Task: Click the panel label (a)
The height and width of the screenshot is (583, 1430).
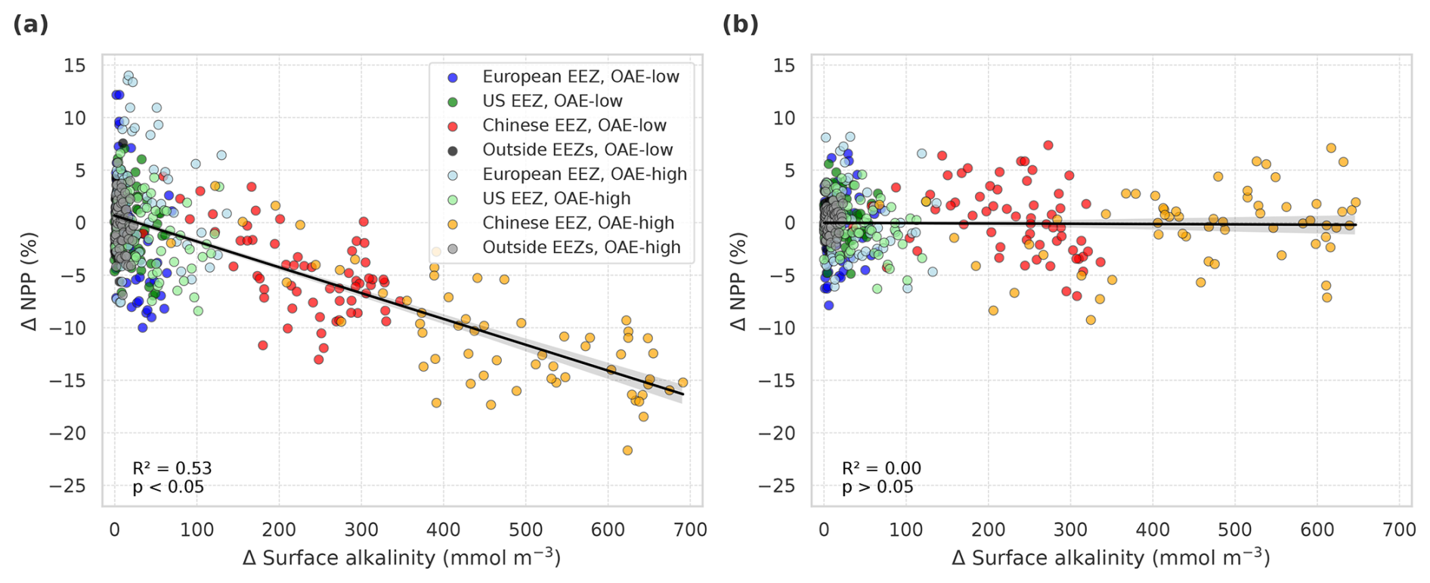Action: [30, 24]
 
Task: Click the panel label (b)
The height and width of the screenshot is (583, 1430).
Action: [740, 24]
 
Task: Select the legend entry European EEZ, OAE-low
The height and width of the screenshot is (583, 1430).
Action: [580, 77]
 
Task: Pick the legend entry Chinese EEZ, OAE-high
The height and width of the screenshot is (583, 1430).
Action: [578, 223]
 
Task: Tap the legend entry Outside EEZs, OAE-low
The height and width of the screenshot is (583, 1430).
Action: [577, 150]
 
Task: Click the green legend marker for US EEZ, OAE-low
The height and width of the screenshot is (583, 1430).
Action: [453, 101]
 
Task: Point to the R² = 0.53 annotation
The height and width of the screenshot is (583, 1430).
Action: [172, 468]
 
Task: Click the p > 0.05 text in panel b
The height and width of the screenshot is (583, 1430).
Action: [877, 487]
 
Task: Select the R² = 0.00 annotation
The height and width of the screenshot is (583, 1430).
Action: [881, 468]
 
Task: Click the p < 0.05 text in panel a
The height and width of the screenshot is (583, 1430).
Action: [169, 487]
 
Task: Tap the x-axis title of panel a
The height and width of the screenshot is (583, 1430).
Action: [401, 558]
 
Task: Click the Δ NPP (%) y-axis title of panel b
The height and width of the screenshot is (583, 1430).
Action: [738, 281]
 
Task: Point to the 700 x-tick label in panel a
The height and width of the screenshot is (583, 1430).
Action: [689, 529]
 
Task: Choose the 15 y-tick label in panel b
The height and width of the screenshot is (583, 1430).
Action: [785, 66]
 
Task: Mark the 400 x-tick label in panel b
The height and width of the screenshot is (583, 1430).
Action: [1153, 529]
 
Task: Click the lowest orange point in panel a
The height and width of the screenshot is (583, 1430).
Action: [627, 451]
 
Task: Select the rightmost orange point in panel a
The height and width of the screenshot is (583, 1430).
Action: [682, 383]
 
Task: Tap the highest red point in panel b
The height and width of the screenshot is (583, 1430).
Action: [1048, 146]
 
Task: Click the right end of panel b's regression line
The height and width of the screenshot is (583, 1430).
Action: [1356, 225]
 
